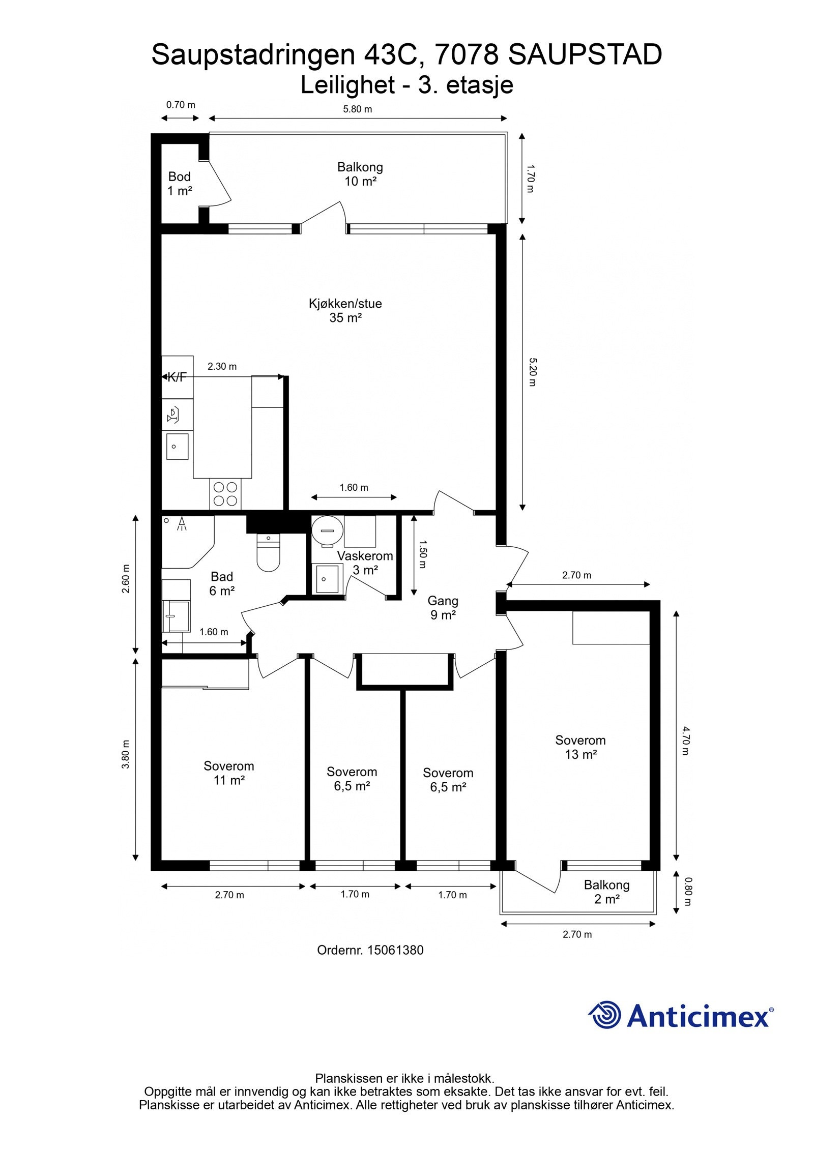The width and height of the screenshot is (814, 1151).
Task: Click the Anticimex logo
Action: point(681,1016)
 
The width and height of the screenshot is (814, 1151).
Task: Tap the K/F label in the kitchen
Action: point(177,377)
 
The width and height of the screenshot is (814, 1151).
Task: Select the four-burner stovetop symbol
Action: point(225,493)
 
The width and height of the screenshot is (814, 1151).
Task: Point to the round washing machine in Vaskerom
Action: point(326,531)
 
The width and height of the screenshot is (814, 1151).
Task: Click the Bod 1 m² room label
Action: point(180,184)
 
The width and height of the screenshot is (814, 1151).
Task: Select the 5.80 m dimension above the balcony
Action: point(357,109)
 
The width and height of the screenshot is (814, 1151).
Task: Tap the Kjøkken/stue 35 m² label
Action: point(345,310)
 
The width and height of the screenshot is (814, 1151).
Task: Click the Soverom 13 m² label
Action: point(580,747)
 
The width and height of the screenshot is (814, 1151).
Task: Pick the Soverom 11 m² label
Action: point(228,773)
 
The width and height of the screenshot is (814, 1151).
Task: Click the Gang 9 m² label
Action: point(443,607)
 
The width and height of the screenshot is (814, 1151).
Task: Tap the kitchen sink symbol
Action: point(177,447)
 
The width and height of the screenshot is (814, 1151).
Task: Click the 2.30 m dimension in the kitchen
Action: point(222,366)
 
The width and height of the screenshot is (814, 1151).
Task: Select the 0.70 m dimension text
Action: point(181,105)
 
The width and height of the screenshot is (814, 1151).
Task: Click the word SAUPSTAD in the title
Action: point(585,55)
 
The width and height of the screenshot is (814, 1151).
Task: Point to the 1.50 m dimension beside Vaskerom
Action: point(422,554)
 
